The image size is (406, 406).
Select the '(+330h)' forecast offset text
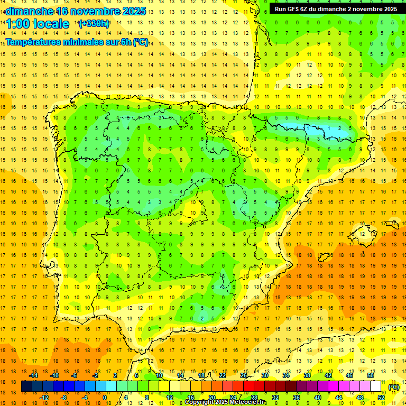(x=94, y=23)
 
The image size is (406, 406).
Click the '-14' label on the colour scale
(x=34, y=375)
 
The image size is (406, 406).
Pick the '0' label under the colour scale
(x=104, y=398)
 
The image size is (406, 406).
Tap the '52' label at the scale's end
(x=381, y=398)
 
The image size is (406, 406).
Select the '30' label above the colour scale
(x=264, y=375)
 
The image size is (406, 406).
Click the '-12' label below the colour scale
(x=44, y=398)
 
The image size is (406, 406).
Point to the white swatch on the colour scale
(x=375, y=386)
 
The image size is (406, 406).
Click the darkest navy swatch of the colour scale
(x=26, y=386)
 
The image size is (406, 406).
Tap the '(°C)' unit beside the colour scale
(x=394, y=387)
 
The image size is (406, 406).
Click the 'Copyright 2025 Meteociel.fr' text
(x=226, y=402)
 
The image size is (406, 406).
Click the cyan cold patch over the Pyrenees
(x=317, y=128)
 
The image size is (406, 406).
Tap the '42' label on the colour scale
(x=328, y=375)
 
